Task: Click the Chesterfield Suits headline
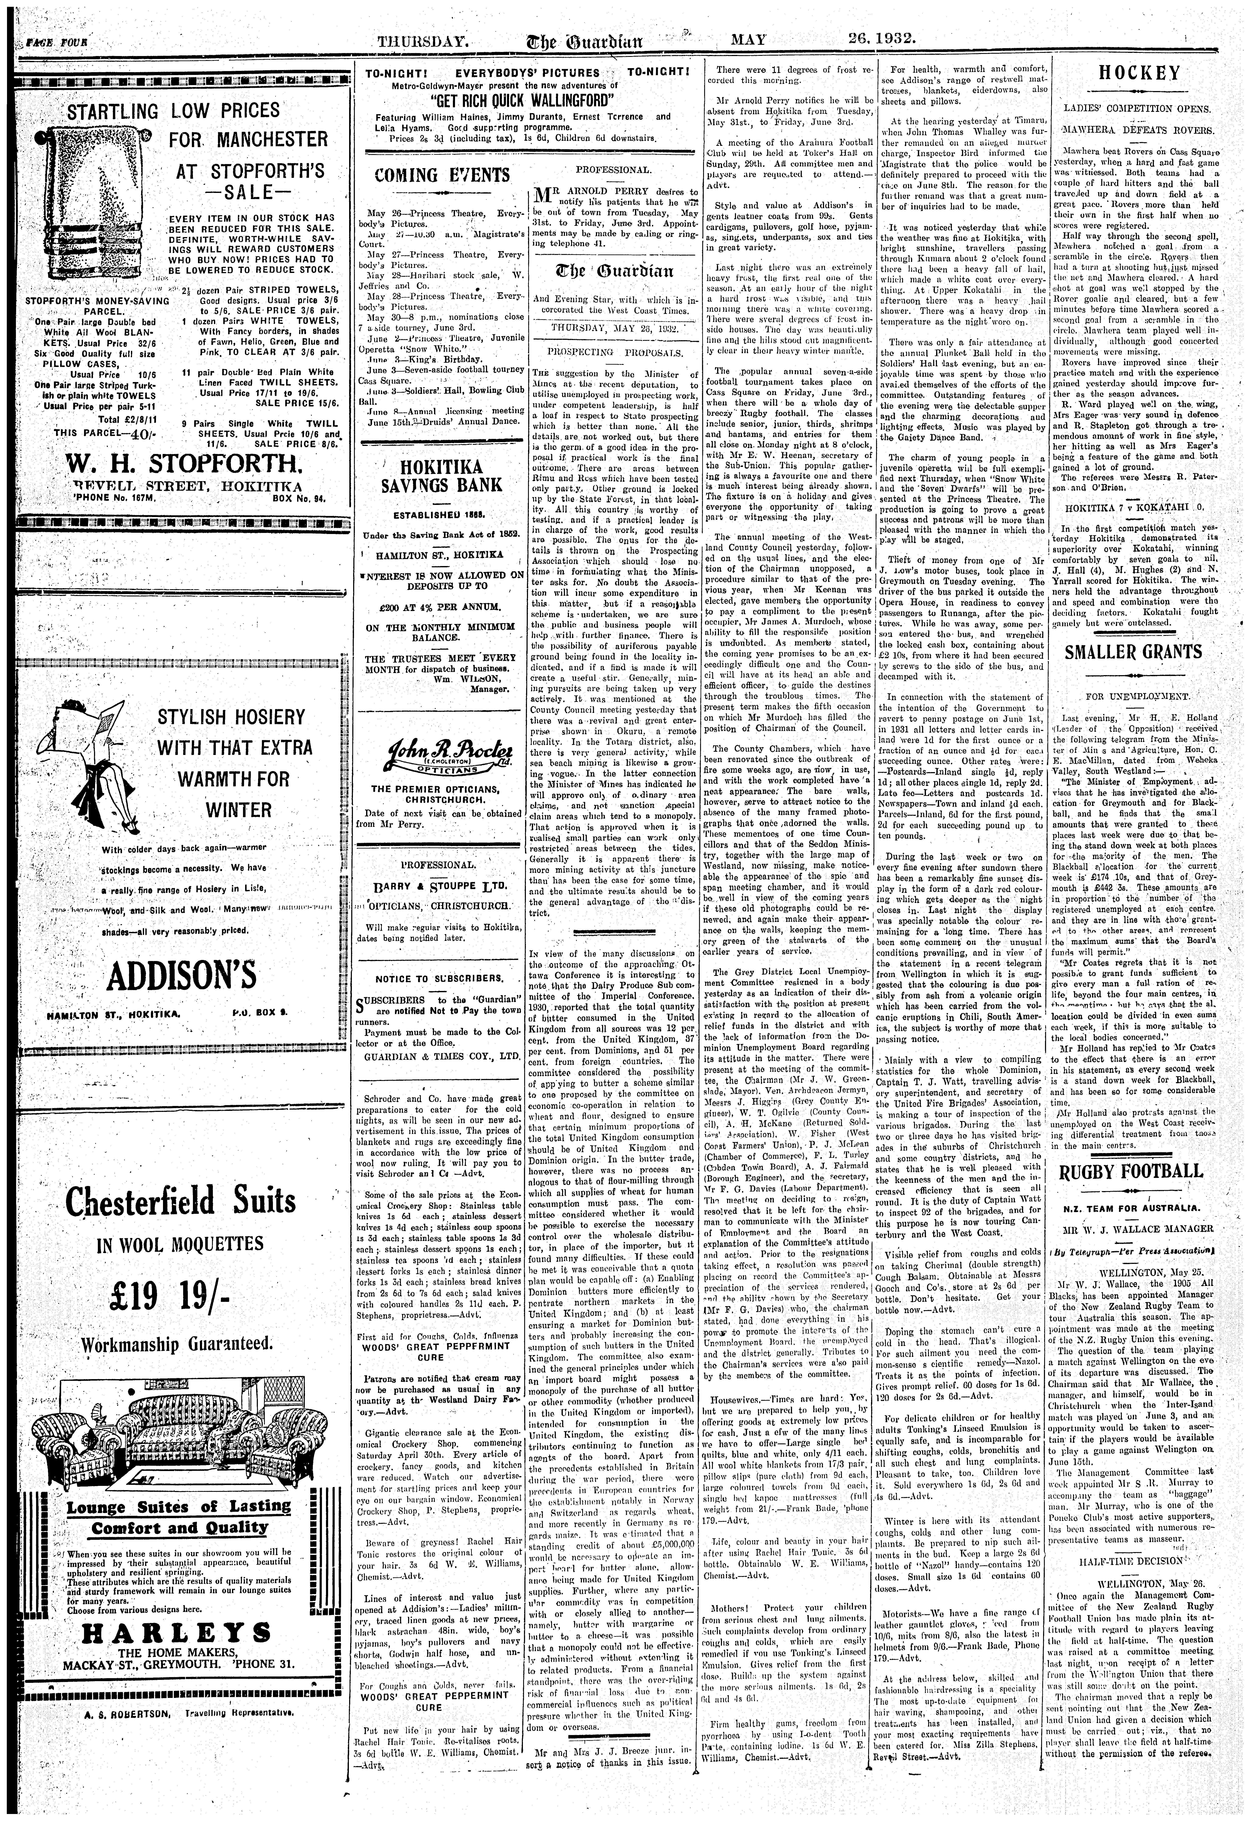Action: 180,1200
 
